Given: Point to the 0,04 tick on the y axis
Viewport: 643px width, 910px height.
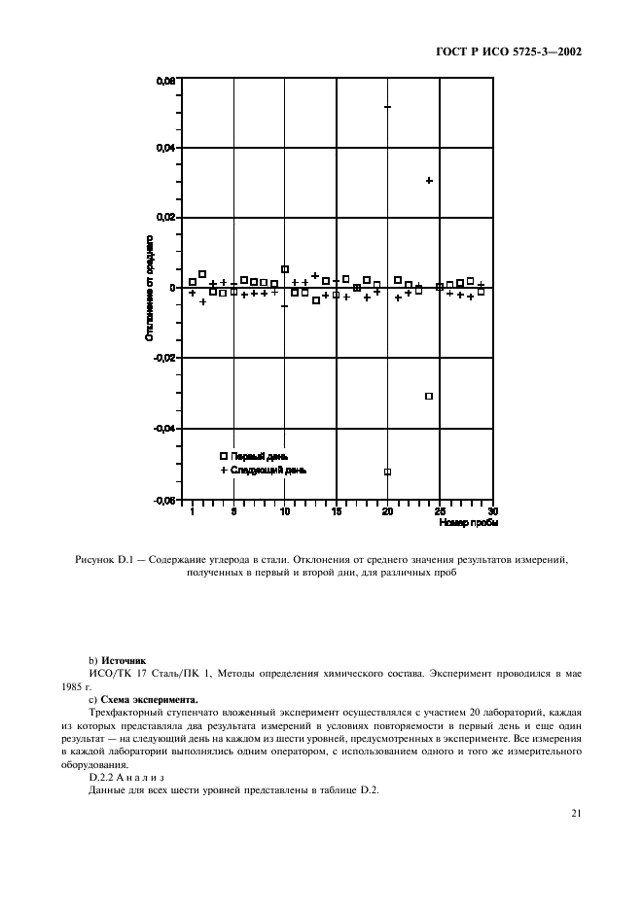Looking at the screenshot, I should (x=166, y=148).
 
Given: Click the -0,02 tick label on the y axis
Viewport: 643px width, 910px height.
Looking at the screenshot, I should (x=164, y=358).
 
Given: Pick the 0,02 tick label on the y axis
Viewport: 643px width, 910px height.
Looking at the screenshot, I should (x=166, y=218).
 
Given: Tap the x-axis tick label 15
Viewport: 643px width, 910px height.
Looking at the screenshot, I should (x=337, y=511).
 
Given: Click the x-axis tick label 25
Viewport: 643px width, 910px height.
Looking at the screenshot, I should (x=440, y=511).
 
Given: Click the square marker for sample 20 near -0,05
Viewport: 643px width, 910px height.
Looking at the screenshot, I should (x=388, y=472).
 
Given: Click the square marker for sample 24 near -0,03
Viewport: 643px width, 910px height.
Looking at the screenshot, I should (x=429, y=396).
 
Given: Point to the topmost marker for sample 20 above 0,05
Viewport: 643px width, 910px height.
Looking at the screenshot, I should (x=388, y=107).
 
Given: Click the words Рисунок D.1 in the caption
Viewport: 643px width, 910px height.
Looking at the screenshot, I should (x=105, y=560).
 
